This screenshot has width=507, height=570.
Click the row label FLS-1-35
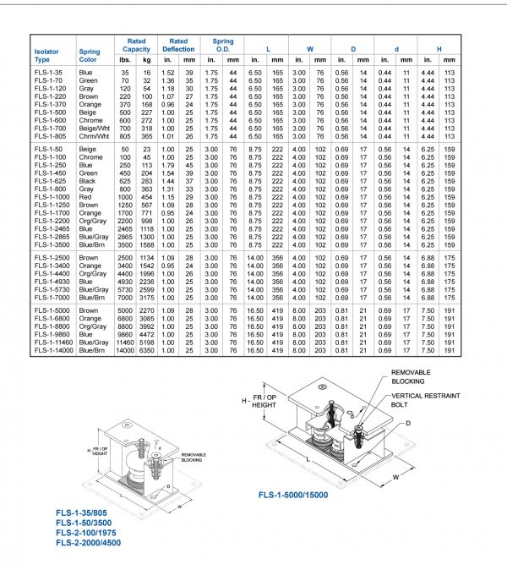point(46,74)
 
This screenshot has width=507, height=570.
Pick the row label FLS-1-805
point(48,135)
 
